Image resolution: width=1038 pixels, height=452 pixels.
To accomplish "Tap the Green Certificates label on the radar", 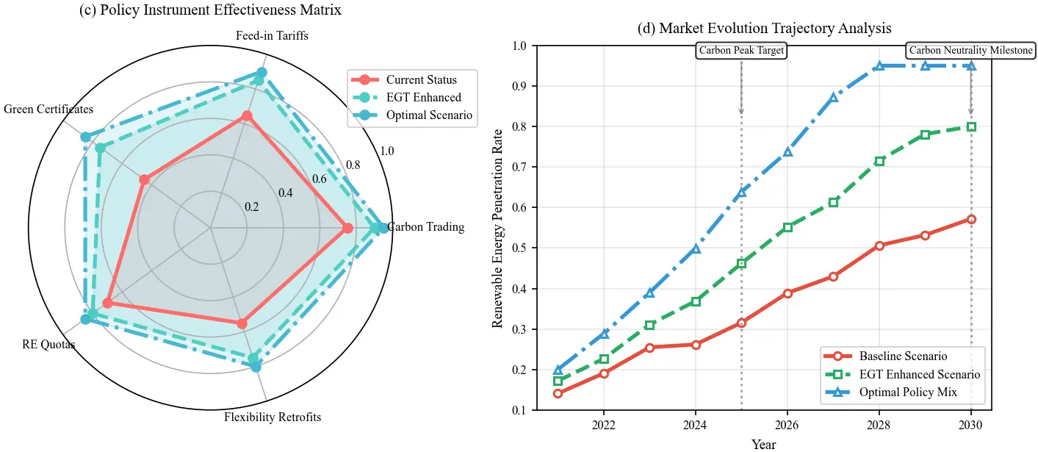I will [48, 110].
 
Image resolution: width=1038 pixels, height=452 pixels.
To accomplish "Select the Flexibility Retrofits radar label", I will [273, 418].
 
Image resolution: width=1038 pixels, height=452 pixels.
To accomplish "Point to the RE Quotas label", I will [48, 344].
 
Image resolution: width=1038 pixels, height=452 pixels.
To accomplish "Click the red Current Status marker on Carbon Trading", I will [347, 229].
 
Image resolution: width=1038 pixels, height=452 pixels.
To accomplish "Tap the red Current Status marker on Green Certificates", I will [144, 179].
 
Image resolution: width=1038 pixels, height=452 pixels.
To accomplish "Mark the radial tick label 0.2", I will [252, 207].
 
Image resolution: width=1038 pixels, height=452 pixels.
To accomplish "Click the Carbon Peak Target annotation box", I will [741, 51].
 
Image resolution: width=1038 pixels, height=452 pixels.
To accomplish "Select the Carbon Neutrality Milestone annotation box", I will [971, 51].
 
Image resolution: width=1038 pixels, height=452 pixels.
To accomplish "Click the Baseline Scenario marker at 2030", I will [971, 219].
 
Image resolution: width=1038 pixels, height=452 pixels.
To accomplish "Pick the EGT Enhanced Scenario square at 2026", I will [787, 227].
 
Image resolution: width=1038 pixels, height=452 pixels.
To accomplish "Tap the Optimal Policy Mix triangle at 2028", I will [879, 66].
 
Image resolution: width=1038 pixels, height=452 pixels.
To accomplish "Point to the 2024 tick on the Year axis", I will [695, 425].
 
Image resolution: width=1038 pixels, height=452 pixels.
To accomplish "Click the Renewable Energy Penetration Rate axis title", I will [498, 228].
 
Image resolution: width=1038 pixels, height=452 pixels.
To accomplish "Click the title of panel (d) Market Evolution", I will [764, 29].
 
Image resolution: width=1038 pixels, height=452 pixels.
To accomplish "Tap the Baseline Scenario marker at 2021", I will [558, 393].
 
